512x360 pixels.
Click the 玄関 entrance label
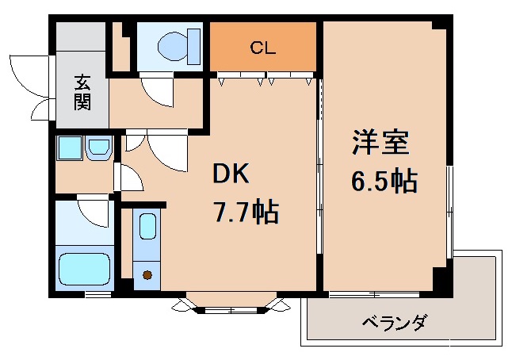[82, 92]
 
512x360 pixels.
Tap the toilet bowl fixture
[170, 47]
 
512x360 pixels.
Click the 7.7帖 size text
[245, 212]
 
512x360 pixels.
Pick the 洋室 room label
[381, 144]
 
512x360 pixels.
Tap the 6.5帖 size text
[384, 182]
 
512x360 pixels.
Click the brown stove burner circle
[147, 275]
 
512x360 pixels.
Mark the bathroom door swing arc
[93, 211]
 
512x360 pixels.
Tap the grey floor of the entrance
[81, 56]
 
